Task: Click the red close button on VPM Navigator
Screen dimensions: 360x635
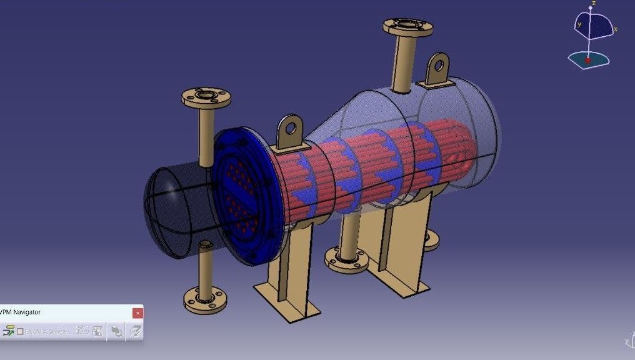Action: coord(137,312)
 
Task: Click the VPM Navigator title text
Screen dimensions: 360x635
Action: coord(21,312)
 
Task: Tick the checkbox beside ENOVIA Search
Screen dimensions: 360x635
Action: coord(20,331)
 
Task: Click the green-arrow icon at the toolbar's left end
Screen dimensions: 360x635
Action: coord(8,331)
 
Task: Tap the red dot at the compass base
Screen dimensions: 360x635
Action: coord(587,61)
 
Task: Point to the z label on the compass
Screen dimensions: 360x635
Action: coord(593,3)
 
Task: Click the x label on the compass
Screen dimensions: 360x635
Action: coord(616,29)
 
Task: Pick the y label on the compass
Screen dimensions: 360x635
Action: coord(579,24)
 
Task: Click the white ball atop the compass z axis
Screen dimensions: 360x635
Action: coord(590,9)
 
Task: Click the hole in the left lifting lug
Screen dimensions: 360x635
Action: coord(289,128)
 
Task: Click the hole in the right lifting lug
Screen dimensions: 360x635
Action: coord(439,64)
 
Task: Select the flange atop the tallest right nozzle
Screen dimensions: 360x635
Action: coord(407,26)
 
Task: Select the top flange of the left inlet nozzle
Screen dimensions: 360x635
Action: coord(206,97)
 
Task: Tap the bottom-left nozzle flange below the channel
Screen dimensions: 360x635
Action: coord(204,299)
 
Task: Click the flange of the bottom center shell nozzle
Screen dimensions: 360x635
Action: coord(347,261)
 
